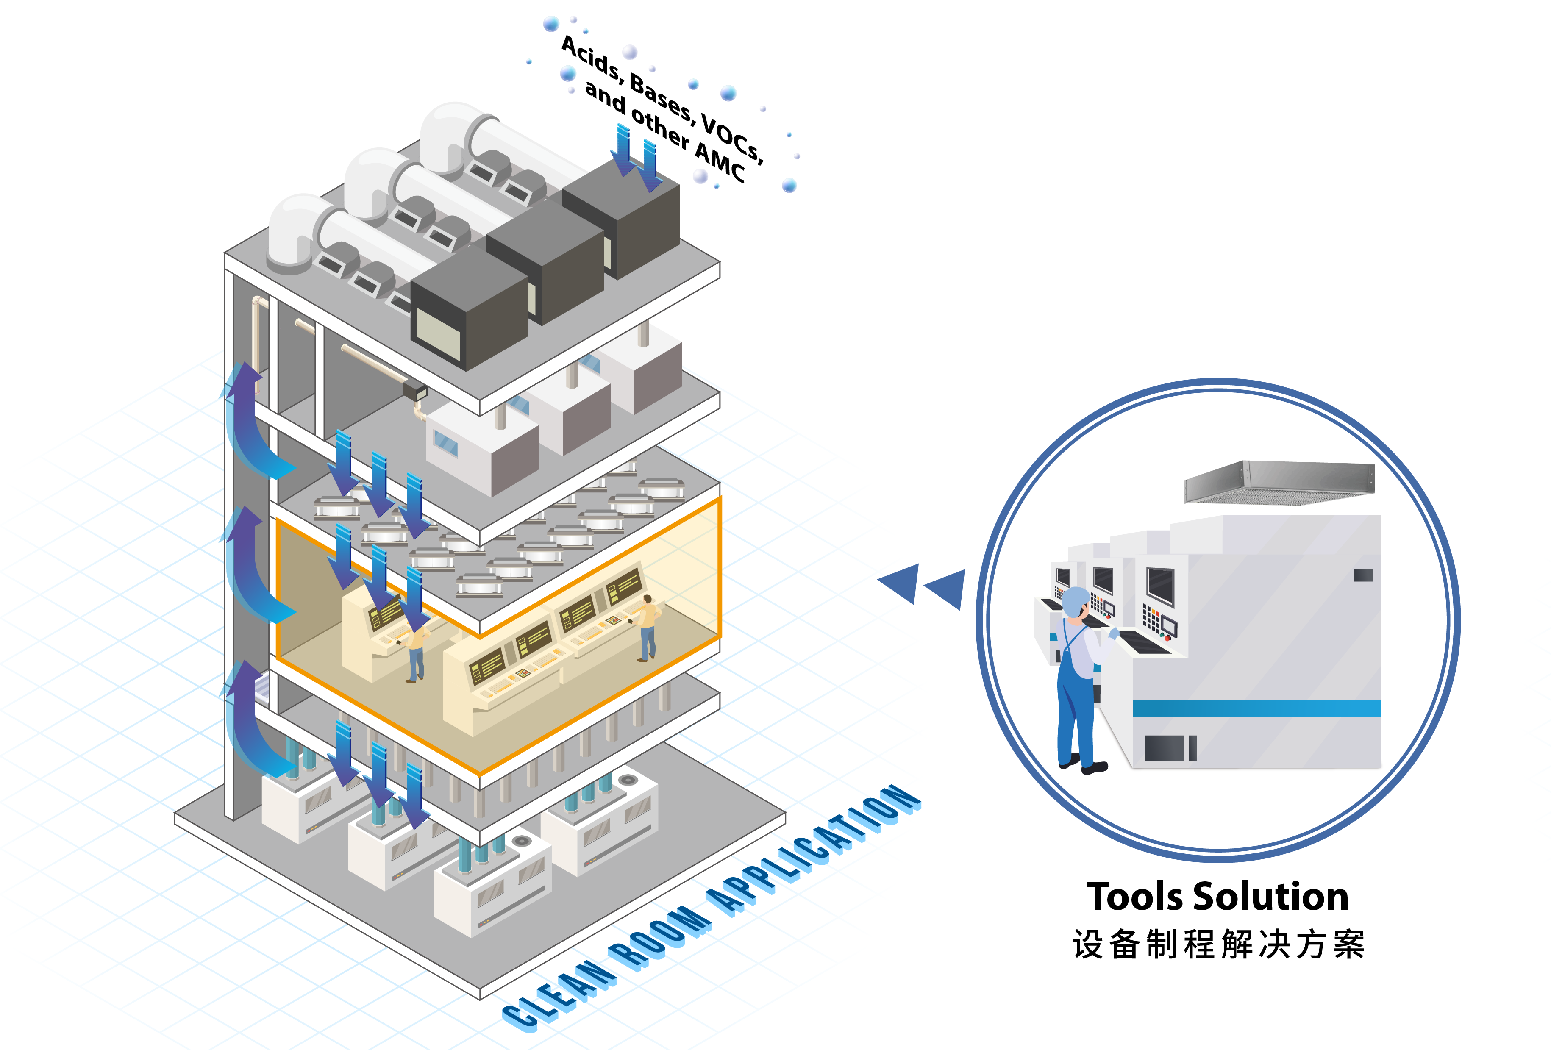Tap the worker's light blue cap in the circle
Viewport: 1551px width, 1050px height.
coord(1075,601)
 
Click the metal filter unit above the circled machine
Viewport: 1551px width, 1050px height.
coord(1279,482)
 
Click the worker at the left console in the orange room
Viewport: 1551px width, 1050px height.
coord(415,654)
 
